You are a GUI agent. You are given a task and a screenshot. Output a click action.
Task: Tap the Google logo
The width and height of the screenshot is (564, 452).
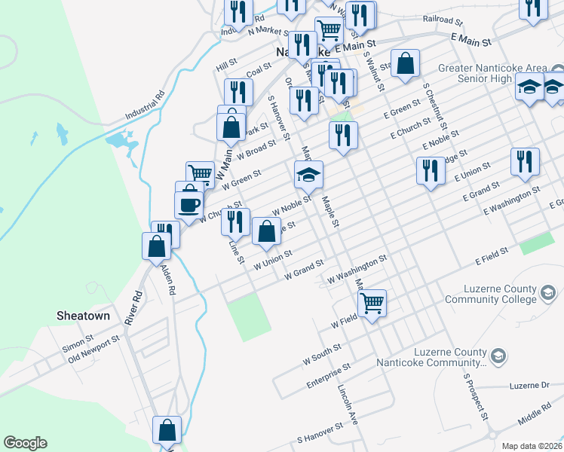[x=25, y=443]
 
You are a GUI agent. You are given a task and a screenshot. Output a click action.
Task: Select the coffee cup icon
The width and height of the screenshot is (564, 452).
[x=189, y=203]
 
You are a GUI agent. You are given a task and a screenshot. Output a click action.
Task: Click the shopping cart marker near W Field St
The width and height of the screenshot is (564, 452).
[x=372, y=303]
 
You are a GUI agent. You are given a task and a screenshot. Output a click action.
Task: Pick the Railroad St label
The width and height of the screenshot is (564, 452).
[x=443, y=19]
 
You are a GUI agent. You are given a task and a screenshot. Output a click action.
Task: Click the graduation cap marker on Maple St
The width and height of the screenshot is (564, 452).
[x=308, y=176]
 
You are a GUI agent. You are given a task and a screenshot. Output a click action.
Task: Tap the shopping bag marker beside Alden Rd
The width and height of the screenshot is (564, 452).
[x=156, y=246]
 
